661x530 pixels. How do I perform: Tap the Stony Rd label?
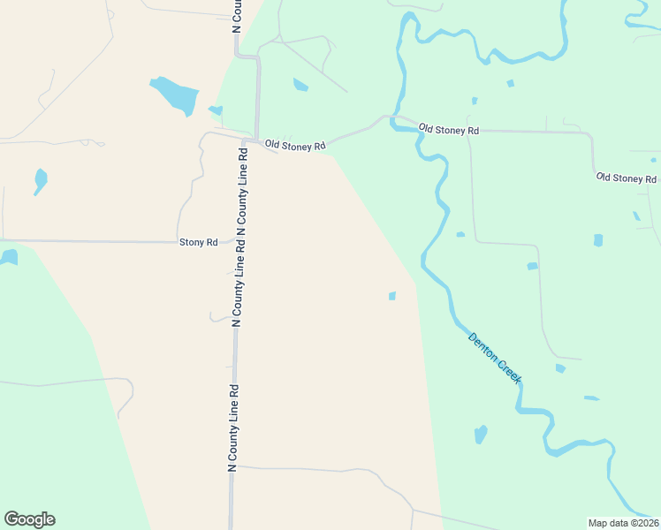pyautogui.click(x=198, y=242)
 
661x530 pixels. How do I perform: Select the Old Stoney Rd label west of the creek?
pyautogui.click(x=296, y=145)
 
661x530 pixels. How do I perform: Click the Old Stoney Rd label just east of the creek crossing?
pyautogui.click(x=448, y=130)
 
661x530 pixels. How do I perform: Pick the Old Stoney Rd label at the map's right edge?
pyautogui.click(x=627, y=178)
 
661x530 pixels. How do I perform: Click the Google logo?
pyautogui.click(x=29, y=519)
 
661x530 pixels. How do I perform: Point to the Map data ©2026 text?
pyautogui.click(x=623, y=522)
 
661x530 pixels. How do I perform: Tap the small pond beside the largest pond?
pyautogui.click(x=215, y=110)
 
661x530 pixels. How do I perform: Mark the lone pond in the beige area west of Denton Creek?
pyautogui.click(x=391, y=296)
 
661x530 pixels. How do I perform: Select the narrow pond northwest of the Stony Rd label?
pyautogui.click(x=40, y=181)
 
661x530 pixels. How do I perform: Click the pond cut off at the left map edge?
pyautogui.click(x=8, y=257)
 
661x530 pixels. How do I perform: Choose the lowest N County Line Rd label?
pyautogui.click(x=234, y=428)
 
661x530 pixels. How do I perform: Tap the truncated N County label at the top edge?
pyautogui.click(x=237, y=16)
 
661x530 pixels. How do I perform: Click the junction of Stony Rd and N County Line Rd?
pyautogui.click(x=235, y=240)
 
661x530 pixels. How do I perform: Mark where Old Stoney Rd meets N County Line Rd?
pyautogui.click(x=256, y=140)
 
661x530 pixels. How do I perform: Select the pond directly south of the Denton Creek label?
pyautogui.click(x=480, y=434)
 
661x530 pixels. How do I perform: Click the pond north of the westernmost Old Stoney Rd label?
pyautogui.click(x=300, y=85)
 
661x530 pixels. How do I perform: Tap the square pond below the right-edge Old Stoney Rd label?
pyautogui.click(x=598, y=239)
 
